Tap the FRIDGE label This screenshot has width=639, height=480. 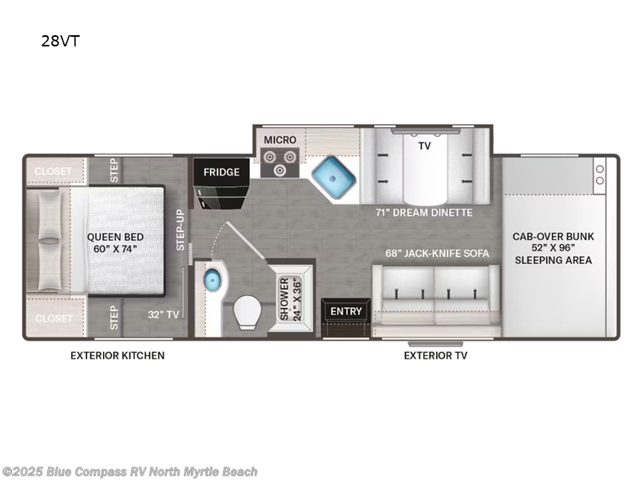221,172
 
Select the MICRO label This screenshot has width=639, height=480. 280,140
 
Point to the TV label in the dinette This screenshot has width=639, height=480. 425,146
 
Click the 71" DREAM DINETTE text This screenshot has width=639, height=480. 424,213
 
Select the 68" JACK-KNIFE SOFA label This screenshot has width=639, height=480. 436,254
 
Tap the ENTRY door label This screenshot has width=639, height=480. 346,311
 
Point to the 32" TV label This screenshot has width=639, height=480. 161,314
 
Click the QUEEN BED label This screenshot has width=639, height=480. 116,242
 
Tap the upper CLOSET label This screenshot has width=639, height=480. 54,171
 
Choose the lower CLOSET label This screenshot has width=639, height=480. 54,318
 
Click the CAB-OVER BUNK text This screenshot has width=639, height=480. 554,236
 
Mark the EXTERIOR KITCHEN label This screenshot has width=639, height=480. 117,355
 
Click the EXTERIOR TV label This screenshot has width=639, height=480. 435,355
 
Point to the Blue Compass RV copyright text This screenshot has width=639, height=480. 129,472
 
